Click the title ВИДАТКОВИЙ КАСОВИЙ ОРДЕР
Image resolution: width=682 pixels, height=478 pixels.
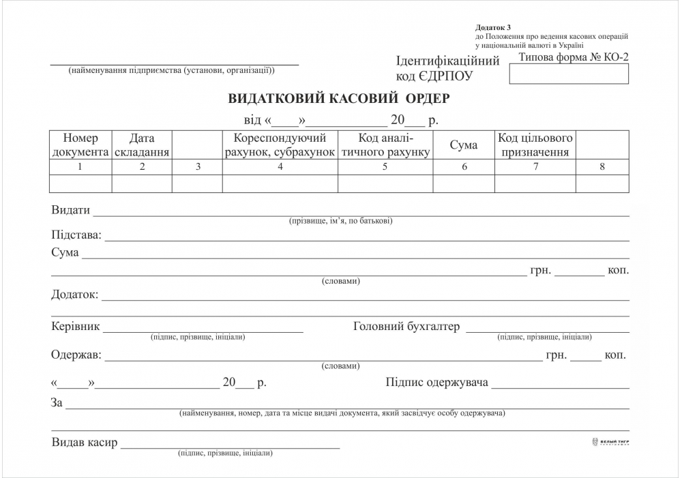tap(339, 98)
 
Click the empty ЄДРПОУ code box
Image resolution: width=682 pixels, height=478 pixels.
tap(569, 75)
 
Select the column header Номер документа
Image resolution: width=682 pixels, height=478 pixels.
tap(80, 145)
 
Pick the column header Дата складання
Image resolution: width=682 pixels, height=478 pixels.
tap(142, 145)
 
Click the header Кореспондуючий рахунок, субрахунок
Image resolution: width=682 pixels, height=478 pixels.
tap(280, 145)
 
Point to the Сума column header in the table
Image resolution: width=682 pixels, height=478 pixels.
tap(464, 145)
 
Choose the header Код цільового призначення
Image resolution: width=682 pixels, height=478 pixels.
tap(535, 145)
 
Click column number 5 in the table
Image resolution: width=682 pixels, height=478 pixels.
tap(385, 167)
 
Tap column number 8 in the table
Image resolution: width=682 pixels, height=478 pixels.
tap(602, 167)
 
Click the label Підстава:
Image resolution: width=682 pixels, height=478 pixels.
tap(76, 235)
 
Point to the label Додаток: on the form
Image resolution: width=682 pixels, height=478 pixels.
tap(75, 295)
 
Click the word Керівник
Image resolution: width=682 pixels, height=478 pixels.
tap(76, 326)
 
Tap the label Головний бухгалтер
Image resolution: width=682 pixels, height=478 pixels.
tap(406, 326)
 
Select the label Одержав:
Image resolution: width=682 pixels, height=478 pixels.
tap(76, 355)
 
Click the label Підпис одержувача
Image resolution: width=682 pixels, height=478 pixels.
tap(436, 382)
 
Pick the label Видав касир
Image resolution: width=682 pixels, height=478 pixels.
tap(85, 443)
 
